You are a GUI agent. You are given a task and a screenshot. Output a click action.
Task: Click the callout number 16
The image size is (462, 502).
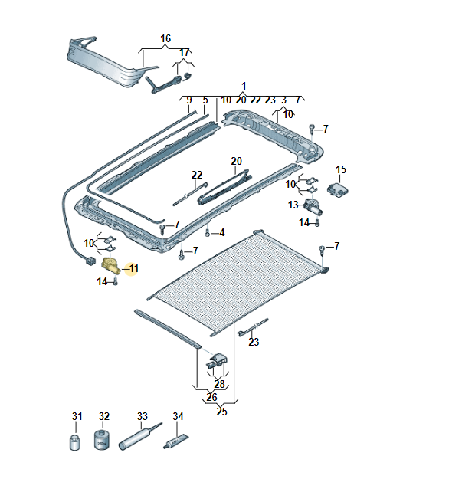(x=165, y=38)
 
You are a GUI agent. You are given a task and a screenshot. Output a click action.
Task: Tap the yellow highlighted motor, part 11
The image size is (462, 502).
(x=111, y=267)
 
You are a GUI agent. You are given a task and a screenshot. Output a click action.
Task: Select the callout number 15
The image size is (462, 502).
(x=341, y=169)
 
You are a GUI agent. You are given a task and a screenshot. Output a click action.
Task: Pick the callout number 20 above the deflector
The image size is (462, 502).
(x=236, y=161)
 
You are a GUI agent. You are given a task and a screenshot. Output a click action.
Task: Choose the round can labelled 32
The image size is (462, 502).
(x=101, y=441)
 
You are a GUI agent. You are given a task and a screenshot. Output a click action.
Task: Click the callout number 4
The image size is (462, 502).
(x=221, y=232)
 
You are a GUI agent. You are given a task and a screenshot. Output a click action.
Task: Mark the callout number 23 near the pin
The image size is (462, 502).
(x=254, y=343)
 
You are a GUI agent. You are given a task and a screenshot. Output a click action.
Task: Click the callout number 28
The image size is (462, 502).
(x=220, y=384)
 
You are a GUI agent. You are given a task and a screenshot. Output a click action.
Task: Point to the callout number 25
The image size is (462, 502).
(x=221, y=412)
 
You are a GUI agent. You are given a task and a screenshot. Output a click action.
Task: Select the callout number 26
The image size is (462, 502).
(x=211, y=398)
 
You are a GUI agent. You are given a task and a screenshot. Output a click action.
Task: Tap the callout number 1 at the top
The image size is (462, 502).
(x=244, y=86)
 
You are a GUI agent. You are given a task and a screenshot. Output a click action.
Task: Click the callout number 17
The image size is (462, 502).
(x=184, y=52)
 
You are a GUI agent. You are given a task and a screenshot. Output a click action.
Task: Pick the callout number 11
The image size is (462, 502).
(x=133, y=268)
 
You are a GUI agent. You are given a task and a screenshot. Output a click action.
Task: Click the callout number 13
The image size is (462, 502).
(x=293, y=205)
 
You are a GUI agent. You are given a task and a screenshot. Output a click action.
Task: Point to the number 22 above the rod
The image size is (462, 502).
(x=197, y=175)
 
